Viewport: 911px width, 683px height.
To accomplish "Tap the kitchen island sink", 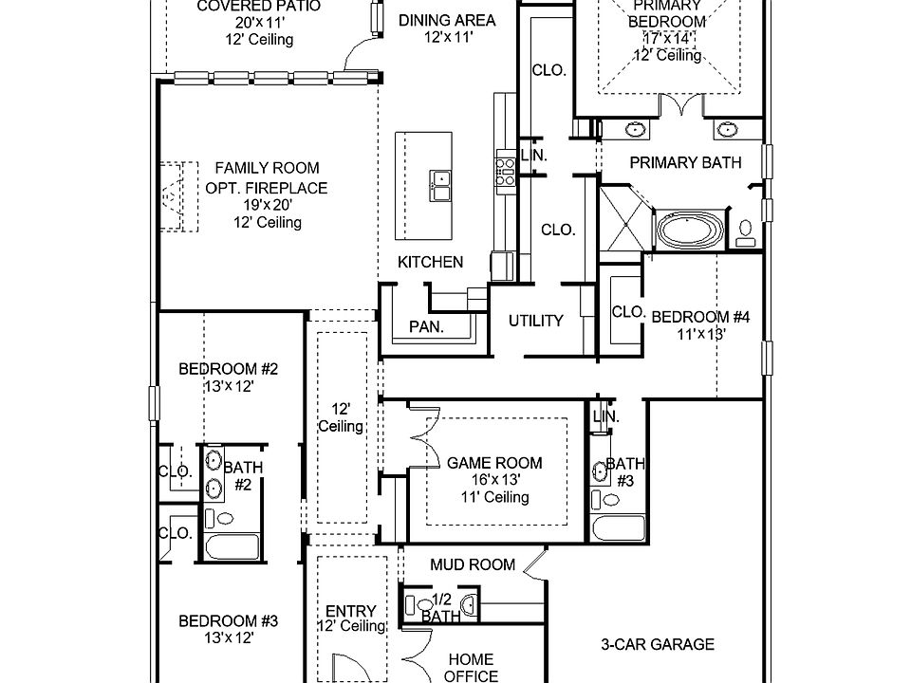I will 439,185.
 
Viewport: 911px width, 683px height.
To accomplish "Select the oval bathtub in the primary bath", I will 690,230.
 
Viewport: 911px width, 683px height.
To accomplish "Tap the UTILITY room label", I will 536,321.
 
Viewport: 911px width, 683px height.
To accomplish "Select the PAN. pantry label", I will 427,327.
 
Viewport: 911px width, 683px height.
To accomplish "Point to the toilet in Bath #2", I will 224,518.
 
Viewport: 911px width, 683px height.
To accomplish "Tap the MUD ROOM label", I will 473,564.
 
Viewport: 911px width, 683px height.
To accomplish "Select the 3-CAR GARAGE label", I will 657,645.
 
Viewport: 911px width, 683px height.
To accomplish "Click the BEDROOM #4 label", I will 700,318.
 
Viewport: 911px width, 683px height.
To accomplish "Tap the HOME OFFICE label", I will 472,668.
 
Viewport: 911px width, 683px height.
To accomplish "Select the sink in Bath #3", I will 600,471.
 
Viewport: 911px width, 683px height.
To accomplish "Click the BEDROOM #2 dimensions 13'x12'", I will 228,386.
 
